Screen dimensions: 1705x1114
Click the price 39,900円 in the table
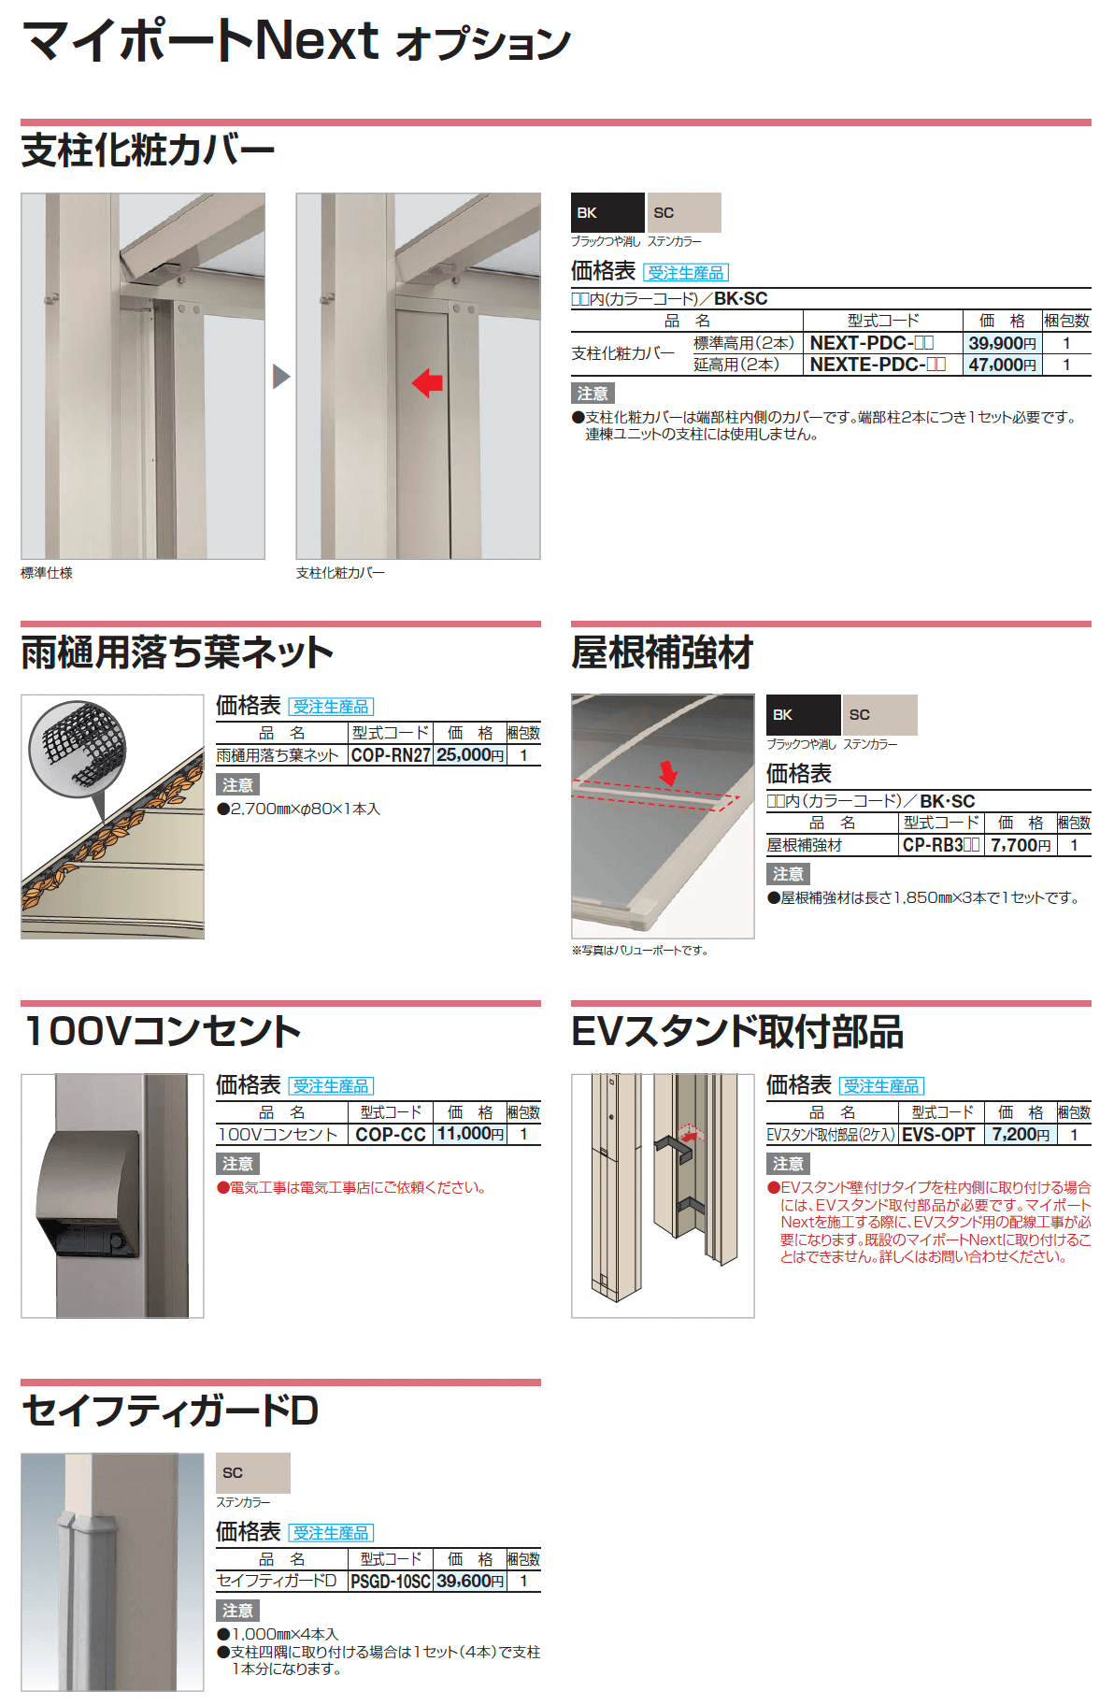(1001, 343)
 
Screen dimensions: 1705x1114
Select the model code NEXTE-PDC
(877, 365)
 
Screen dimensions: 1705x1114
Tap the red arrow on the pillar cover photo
(427, 382)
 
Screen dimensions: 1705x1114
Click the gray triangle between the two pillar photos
(280, 377)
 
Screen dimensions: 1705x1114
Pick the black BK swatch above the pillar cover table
(607, 213)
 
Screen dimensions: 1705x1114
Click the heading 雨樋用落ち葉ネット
(177, 652)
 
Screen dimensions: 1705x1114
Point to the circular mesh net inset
(78, 749)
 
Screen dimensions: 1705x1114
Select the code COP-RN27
(391, 755)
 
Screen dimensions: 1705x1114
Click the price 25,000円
(469, 755)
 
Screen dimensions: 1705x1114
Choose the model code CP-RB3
(940, 845)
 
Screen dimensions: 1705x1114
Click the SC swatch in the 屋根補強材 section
(878, 715)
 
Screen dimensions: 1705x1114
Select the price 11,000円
(469, 1134)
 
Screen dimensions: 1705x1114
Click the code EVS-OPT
(938, 1135)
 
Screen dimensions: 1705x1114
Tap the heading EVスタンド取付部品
(736, 1032)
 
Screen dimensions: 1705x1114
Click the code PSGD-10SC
(390, 1582)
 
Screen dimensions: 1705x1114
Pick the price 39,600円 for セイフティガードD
(469, 1582)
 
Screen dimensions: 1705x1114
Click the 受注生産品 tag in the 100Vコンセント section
(331, 1086)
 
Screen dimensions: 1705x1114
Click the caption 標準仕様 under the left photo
(47, 573)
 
